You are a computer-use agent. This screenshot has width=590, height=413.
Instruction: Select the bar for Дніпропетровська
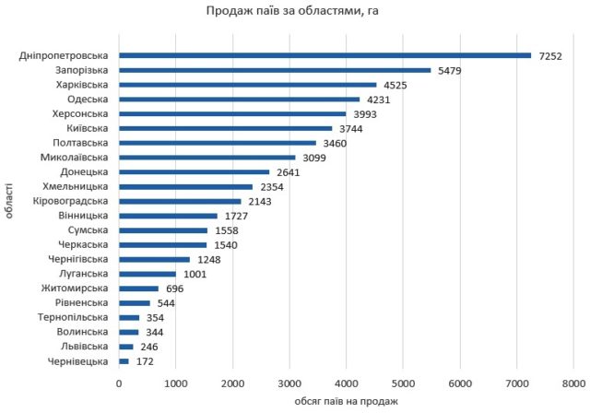[324, 55]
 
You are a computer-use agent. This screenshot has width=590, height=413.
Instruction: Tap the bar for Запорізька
[275, 70]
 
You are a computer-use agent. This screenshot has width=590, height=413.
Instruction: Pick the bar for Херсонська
[232, 113]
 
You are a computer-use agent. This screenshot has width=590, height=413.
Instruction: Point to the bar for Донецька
[194, 171]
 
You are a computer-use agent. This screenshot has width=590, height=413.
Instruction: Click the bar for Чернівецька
[124, 361]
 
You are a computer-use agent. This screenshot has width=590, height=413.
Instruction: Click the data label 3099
[313, 158]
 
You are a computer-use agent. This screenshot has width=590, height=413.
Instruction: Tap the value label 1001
[195, 274]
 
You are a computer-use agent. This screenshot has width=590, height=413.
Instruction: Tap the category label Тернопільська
[75, 317]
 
